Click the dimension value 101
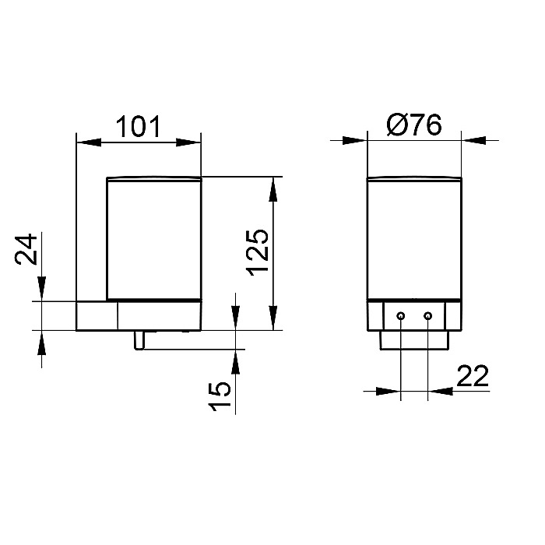pos(138,126)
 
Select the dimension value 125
pos(258,252)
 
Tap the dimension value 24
pos(26,249)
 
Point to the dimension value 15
pos(220,396)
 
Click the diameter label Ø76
pos(414,125)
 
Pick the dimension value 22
pos(473,376)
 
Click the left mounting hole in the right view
pos(401,316)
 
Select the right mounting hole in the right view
pos(428,316)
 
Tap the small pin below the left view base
pos(139,340)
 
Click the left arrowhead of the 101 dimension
pos(89,142)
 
